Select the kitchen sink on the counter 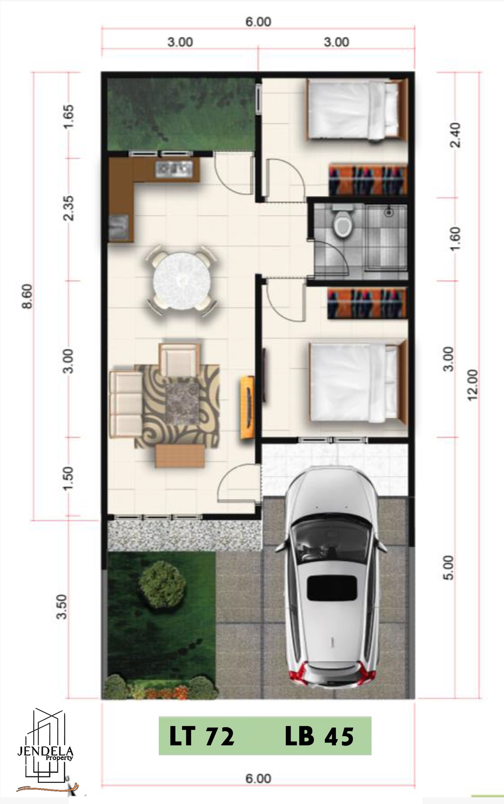pos(174,169)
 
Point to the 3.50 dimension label pos(63,607)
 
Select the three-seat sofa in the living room pos(126,403)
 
